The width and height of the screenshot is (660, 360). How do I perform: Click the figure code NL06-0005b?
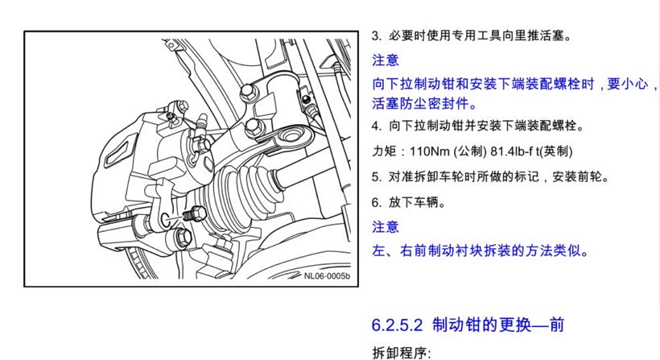pyautogui.click(x=327, y=275)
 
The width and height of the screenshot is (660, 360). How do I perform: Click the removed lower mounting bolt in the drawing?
pyautogui.click(x=195, y=214)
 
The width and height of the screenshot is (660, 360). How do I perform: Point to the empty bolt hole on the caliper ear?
pyautogui.click(x=166, y=217)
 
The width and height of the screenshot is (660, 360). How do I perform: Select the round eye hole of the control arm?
pyautogui.click(x=290, y=135)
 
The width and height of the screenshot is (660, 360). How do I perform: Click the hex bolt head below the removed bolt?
pyautogui.click(x=182, y=238)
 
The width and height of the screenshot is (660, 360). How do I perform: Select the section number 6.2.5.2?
pyautogui.click(x=397, y=325)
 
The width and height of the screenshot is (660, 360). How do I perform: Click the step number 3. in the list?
pyautogui.click(x=377, y=35)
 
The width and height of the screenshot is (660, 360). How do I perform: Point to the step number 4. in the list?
pyautogui.click(x=377, y=126)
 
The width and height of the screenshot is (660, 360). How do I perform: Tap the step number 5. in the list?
pyautogui.click(x=377, y=177)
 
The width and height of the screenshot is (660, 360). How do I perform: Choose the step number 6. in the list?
pyautogui.click(x=377, y=202)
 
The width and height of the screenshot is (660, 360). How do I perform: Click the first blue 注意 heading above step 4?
pyautogui.click(x=386, y=60)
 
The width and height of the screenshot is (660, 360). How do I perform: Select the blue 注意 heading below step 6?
pyautogui.click(x=386, y=227)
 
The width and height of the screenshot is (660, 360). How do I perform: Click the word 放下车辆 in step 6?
pyautogui.click(x=413, y=202)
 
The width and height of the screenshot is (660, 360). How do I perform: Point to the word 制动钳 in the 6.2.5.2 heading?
pyautogui.click(x=452, y=325)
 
